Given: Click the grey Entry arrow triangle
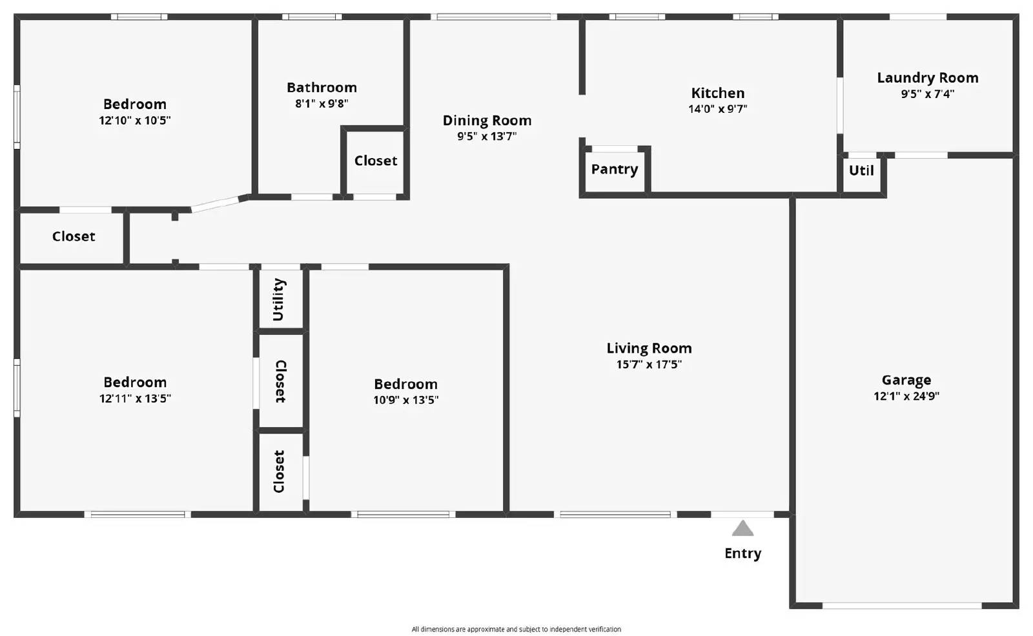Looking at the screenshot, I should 742,529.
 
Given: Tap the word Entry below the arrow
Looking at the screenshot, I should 742,553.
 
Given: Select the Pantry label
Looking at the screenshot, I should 614,169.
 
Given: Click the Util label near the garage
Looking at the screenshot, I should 861,170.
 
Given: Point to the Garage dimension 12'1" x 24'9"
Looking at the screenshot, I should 906,396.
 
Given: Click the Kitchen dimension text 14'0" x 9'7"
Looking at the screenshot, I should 717,109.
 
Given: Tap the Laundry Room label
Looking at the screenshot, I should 927,78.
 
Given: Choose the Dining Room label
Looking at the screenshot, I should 487,121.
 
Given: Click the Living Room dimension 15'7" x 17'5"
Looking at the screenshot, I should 649,364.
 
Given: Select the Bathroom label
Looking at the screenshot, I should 322,88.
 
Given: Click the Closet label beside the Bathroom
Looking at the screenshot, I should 376,161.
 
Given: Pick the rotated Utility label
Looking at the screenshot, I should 278,299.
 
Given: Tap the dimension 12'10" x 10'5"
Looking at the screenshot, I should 134,121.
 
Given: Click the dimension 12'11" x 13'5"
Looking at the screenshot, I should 135,399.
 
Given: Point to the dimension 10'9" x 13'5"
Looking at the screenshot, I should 405,400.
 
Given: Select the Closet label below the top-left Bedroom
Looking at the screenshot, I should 74,237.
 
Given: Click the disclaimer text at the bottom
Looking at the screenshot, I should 516,629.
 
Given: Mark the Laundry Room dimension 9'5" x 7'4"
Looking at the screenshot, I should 927,94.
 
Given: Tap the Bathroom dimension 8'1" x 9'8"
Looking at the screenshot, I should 322,104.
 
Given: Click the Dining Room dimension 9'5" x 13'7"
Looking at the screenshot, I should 487,137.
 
